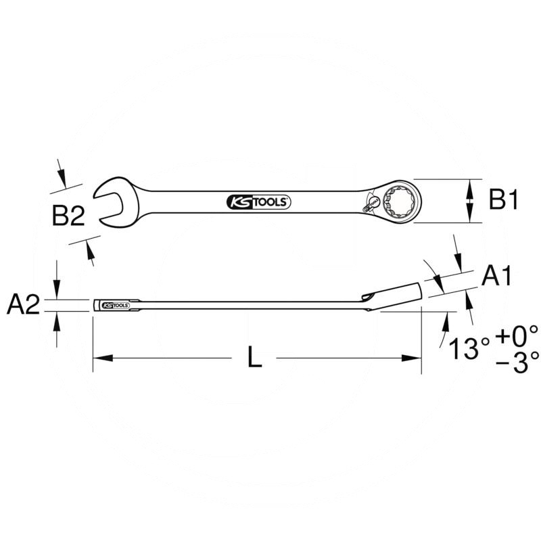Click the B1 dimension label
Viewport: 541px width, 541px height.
504,201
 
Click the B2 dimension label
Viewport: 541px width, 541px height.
68,216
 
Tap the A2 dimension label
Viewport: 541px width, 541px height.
23,306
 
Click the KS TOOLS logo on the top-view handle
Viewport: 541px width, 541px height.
256,202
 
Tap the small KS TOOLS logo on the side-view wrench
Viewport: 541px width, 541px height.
116,306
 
